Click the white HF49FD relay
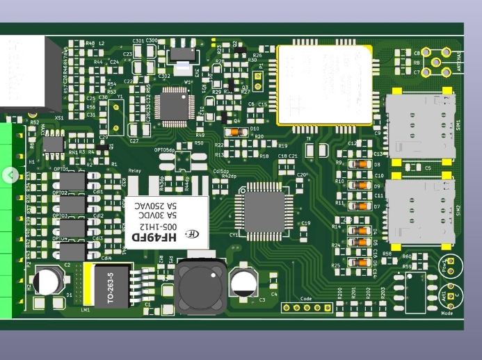[x=167, y=221]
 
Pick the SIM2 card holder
[x=420, y=212]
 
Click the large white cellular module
[x=324, y=84]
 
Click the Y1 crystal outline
[x=116, y=115]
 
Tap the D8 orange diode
[x=360, y=165]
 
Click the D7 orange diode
[x=360, y=206]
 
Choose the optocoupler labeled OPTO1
[x=72, y=182]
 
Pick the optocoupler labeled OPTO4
[x=72, y=251]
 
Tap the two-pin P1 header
[x=257, y=81]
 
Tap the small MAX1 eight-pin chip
[x=53, y=144]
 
